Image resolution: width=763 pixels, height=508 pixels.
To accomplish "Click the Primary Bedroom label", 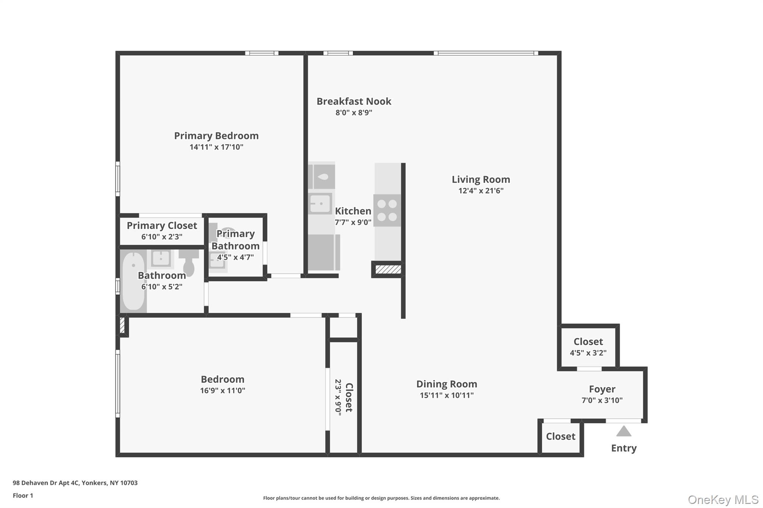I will (x=216, y=136).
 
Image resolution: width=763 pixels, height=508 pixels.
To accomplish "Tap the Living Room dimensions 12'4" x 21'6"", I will (x=481, y=191).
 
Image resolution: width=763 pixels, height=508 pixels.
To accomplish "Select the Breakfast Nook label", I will (x=354, y=101).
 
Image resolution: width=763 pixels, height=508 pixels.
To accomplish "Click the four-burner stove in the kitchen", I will (x=387, y=210).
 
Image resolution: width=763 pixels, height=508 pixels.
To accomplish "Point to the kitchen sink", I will (x=320, y=204).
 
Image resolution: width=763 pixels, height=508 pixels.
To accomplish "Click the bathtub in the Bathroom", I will (x=133, y=281).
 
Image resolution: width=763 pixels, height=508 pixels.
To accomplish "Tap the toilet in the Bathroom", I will (x=189, y=263).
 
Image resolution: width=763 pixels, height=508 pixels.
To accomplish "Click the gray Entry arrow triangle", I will (x=624, y=432).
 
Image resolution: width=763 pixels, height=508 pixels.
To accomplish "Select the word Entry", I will (x=624, y=448).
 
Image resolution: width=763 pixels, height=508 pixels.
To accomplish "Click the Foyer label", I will (x=602, y=389).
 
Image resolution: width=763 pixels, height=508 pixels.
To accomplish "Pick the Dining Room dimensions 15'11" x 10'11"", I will (x=446, y=396).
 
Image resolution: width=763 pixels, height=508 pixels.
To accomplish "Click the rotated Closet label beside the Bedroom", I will (x=349, y=397).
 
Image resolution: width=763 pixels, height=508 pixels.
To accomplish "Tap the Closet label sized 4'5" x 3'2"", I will (x=588, y=342).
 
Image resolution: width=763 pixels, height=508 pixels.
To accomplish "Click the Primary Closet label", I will (x=162, y=226).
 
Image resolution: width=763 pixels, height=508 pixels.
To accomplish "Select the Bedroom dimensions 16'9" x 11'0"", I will (x=222, y=391).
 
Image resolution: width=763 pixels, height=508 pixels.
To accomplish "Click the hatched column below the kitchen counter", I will (x=388, y=269).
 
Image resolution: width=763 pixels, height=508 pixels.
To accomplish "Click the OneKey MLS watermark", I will (x=723, y=499).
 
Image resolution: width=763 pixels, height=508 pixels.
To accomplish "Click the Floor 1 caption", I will (x=23, y=496).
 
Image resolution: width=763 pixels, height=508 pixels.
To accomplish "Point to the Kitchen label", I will (x=353, y=211).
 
